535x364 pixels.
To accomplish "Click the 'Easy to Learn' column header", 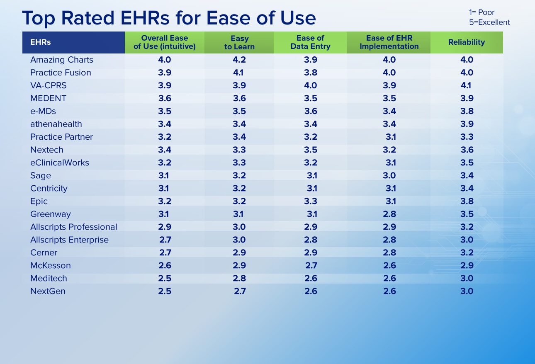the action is (x=239, y=42).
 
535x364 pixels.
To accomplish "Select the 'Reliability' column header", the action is (x=467, y=42).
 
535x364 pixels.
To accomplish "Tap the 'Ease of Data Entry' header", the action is (x=310, y=42).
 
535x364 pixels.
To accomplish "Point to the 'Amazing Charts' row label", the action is (x=62, y=60).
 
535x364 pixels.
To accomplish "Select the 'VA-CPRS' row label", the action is (x=48, y=85).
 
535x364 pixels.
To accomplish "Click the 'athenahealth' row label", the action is (x=56, y=124).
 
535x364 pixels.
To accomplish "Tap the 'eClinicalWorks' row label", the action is (x=60, y=163).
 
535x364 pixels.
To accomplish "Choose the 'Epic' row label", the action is (x=39, y=201).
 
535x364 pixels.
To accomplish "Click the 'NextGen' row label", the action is (x=48, y=291).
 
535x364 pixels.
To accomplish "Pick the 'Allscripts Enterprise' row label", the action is (x=70, y=240).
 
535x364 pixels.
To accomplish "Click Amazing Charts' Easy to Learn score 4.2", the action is (x=239, y=60).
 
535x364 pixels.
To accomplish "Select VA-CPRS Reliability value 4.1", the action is (x=466, y=85).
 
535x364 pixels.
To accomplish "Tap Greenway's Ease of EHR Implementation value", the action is (x=389, y=214).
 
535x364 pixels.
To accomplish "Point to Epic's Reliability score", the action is (x=467, y=201).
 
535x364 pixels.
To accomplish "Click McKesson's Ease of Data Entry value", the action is (x=311, y=265).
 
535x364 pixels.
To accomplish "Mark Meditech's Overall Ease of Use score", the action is (x=165, y=278).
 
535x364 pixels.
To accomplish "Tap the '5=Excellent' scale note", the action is (x=489, y=22).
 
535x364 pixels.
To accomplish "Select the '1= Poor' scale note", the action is (x=481, y=12).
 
